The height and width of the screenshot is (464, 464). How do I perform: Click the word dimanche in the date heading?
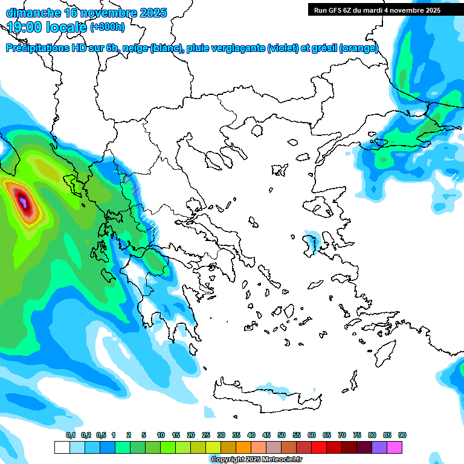coord(33,13)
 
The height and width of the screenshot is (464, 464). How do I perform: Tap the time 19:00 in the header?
coord(27,27)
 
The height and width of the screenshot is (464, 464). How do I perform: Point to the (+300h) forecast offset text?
coord(108,27)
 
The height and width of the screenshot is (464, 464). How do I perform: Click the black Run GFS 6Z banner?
coord(385,10)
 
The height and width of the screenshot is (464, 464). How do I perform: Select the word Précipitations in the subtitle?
coord(38,48)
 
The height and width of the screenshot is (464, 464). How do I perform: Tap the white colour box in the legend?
coord(62,447)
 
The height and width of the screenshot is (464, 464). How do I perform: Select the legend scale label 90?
coord(402,435)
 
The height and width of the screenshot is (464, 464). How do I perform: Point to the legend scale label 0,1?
coord(71,435)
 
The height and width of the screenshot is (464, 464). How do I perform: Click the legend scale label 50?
coord(282,435)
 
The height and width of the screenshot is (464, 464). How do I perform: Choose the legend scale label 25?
coord(206,435)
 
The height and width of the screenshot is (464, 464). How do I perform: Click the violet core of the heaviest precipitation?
coord(24,202)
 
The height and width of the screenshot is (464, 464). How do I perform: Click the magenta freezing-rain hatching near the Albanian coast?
coord(131,184)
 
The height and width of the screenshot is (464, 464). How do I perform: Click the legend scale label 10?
coord(161,435)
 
